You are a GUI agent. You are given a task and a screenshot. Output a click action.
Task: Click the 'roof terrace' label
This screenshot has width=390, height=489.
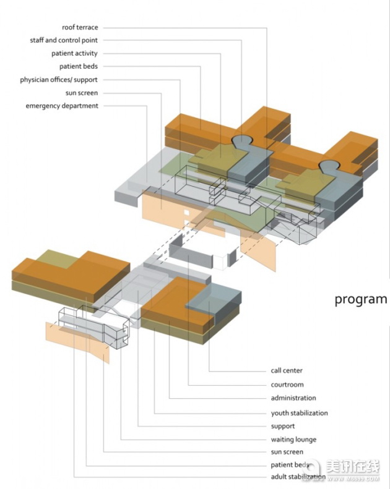[x=80, y=27]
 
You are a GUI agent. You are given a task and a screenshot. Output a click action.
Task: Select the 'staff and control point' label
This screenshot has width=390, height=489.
[x=64, y=40]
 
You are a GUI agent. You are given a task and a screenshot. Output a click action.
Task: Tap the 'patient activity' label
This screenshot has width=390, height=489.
[x=74, y=54]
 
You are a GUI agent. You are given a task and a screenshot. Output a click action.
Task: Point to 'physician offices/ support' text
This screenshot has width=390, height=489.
[x=59, y=80]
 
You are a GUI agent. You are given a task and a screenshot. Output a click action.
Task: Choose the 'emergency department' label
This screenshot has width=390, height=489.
[x=62, y=106]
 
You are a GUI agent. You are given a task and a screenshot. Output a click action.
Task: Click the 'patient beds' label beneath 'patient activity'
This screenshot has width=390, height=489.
[x=79, y=66]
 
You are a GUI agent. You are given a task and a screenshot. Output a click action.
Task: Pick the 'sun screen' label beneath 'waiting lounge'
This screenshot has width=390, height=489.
[x=287, y=452]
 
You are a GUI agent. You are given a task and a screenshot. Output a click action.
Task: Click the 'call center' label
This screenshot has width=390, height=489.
[x=287, y=370]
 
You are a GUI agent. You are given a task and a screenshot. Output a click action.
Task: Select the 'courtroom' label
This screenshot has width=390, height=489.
[x=287, y=385]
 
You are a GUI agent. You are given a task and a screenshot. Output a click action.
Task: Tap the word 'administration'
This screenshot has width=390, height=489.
[x=293, y=398]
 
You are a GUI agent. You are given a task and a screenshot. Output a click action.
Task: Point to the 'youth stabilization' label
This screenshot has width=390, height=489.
[x=300, y=413]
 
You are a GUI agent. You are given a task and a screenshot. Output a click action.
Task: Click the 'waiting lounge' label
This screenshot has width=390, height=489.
[x=293, y=440]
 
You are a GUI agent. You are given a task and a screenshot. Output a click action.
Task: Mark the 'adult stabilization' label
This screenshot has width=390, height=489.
[x=298, y=477]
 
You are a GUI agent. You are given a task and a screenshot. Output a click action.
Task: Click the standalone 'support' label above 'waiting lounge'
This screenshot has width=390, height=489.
[x=283, y=427]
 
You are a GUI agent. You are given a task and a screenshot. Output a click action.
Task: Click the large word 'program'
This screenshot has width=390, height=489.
[x=361, y=299]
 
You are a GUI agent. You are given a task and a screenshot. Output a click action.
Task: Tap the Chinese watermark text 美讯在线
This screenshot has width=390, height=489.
[x=353, y=467]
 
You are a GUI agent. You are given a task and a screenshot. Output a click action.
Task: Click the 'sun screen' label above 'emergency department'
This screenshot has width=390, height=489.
[x=82, y=93]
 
